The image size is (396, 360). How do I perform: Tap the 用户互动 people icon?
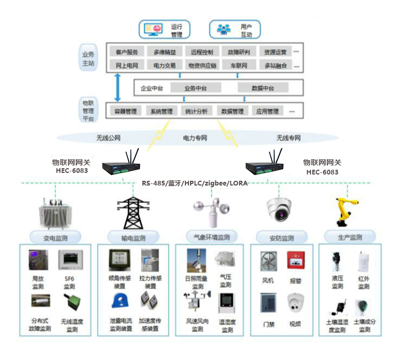click(x=224, y=29)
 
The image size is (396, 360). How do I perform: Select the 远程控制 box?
click(x=202, y=52)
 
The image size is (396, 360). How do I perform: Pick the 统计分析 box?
click(x=196, y=111)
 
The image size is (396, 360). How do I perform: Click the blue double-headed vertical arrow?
click(x=118, y=87)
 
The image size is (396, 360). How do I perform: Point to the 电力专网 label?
click(x=195, y=138)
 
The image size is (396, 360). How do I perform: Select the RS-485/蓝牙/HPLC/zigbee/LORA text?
click(x=194, y=183)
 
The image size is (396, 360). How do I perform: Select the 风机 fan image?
click(x=268, y=261)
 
